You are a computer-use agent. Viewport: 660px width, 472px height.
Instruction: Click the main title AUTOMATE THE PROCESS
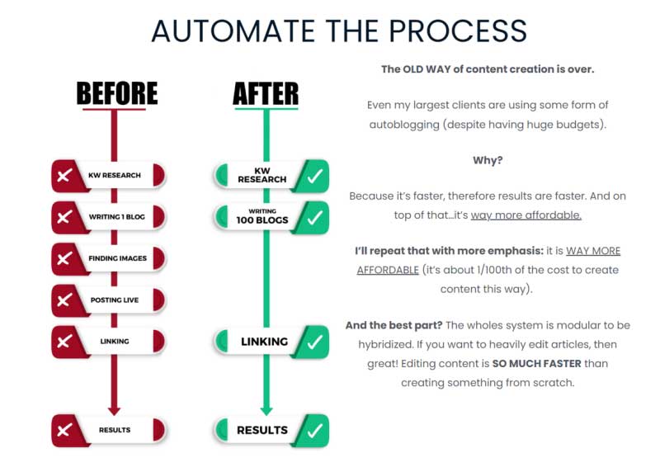pos(339,31)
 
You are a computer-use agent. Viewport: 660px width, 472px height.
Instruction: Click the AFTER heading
pos(265,94)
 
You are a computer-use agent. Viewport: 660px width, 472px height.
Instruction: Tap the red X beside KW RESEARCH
pos(64,175)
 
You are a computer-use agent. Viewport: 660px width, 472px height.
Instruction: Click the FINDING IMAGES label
pos(117,258)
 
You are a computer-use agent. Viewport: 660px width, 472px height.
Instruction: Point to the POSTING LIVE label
pos(116,300)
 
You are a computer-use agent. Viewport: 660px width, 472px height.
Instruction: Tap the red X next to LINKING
pos(64,341)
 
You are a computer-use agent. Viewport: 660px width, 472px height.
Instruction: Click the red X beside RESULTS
pos(64,430)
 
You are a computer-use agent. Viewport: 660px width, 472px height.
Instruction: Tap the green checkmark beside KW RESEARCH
pos(314,175)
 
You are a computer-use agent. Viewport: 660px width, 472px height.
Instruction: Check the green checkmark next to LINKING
pos(314,341)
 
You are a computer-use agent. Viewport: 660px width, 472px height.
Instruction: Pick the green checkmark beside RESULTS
pos(314,430)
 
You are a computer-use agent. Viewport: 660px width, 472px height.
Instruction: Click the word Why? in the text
pos(488,160)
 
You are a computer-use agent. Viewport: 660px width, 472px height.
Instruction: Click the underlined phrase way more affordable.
pos(526,215)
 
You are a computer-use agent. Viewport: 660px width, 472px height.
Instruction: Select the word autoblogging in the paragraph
pos(406,124)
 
